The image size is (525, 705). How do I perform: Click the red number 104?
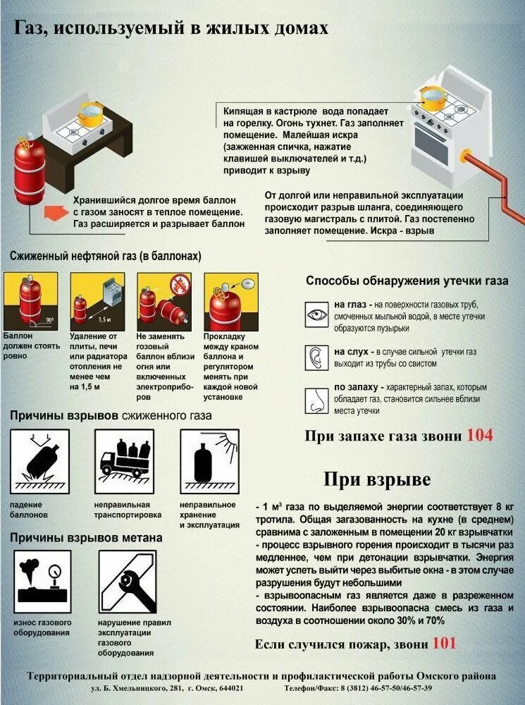(479, 435)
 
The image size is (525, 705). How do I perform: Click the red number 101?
(444, 643)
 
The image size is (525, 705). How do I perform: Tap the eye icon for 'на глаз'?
(317, 314)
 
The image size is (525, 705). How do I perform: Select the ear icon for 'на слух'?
(317, 357)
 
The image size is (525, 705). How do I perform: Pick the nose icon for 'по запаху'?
(317, 400)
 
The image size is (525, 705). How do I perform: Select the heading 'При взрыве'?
(377, 479)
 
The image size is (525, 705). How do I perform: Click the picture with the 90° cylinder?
(32, 300)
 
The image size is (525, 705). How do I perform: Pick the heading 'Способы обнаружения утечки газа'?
(407, 281)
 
